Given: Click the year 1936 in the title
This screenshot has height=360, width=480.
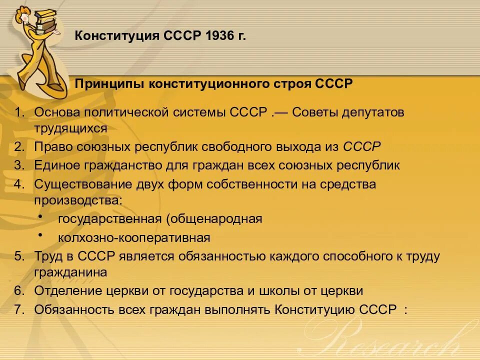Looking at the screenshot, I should pos(216,36).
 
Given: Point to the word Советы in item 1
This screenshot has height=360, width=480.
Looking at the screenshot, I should pos(315,112).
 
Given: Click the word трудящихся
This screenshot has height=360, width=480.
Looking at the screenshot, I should pos(70,128).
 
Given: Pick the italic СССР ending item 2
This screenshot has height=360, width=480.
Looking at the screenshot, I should pos(362,147).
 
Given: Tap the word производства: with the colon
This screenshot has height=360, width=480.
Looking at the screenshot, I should pos(78,200).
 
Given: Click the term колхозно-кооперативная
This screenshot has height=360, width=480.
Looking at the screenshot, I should pos(134,237).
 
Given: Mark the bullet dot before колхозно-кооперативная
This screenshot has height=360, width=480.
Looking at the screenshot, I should pos(40,235).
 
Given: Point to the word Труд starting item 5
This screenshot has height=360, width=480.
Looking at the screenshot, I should pos(47,256).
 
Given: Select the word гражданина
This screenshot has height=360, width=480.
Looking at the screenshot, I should pos(70,272).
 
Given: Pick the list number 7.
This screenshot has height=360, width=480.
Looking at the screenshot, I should pos(19,309).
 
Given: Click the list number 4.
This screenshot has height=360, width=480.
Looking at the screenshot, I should pos(19,184).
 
